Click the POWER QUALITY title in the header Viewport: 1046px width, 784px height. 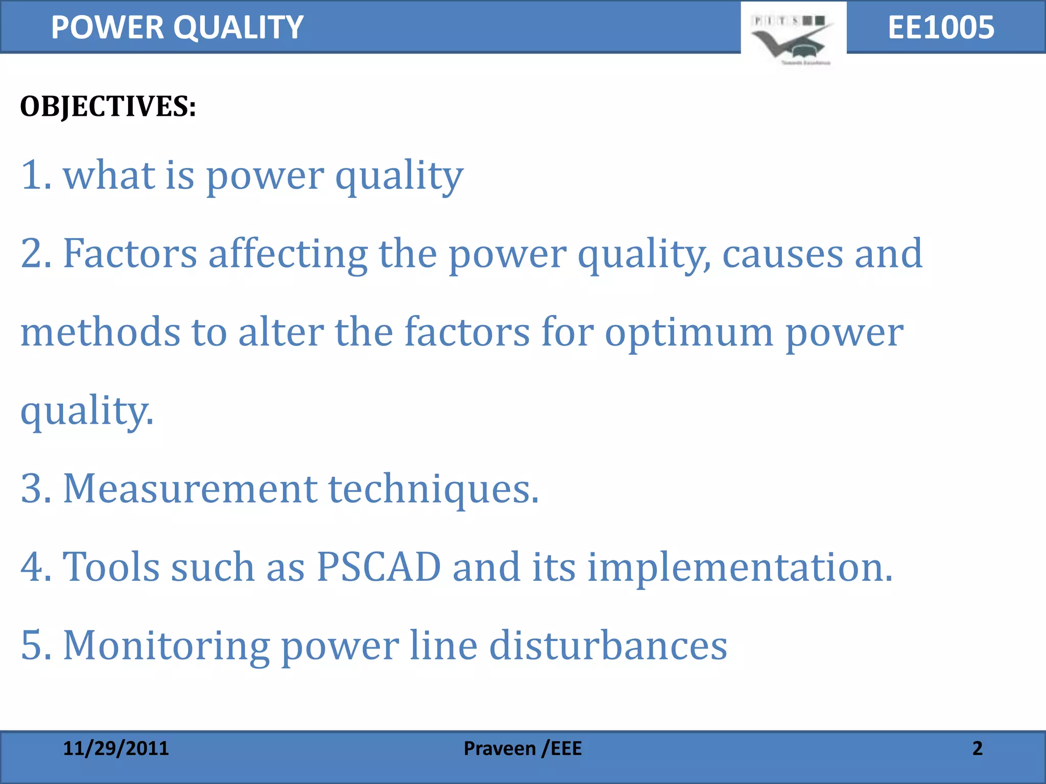click(177, 28)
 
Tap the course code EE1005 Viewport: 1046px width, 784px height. click(941, 28)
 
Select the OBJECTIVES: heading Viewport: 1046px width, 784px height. click(108, 107)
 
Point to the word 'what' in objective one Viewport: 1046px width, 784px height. click(108, 175)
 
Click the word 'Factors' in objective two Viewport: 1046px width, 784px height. click(130, 254)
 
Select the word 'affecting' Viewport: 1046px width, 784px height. click(288, 254)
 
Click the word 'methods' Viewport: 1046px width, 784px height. click(100, 332)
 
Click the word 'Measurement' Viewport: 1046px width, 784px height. click(189, 488)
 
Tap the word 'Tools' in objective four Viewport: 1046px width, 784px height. click(111, 567)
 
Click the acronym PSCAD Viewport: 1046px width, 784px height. click(378, 567)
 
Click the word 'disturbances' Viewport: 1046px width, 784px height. click(608, 646)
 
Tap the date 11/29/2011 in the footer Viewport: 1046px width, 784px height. click(116, 748)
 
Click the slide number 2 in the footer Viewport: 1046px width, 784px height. click(977, 748)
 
